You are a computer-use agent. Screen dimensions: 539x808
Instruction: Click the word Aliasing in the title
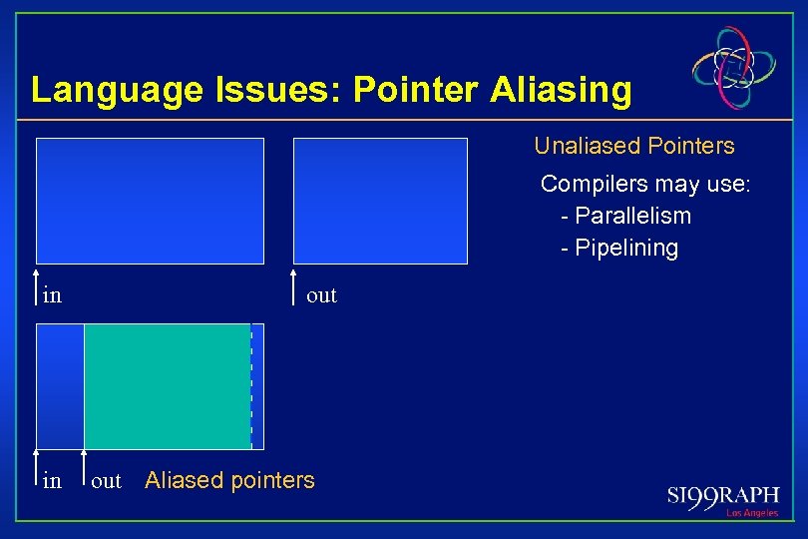point(561,91)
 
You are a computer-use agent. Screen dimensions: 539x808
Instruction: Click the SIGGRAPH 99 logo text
point(722,496)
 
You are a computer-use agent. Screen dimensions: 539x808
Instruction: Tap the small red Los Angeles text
point(751,513)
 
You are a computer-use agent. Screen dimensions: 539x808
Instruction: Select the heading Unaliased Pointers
point(634,146)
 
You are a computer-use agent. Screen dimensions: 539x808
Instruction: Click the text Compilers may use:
point(645,184)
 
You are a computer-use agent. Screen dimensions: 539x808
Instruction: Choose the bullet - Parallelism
point(626,216)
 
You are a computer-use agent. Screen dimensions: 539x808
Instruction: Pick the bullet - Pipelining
point(619,248)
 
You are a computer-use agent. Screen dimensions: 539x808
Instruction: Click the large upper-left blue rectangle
point(150,201)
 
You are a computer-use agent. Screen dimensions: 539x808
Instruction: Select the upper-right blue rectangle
point(380,201)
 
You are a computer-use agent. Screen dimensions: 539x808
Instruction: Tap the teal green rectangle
point(167,386)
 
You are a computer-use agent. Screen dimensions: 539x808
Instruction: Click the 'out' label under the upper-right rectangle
point(321,295)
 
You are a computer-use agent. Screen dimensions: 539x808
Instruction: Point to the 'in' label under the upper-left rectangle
point(52,295)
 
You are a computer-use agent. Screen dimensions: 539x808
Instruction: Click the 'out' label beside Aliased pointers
point(106,481)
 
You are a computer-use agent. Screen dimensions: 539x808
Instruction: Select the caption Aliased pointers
point(229,480)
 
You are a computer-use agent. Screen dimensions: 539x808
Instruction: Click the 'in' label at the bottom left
point(52,481)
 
